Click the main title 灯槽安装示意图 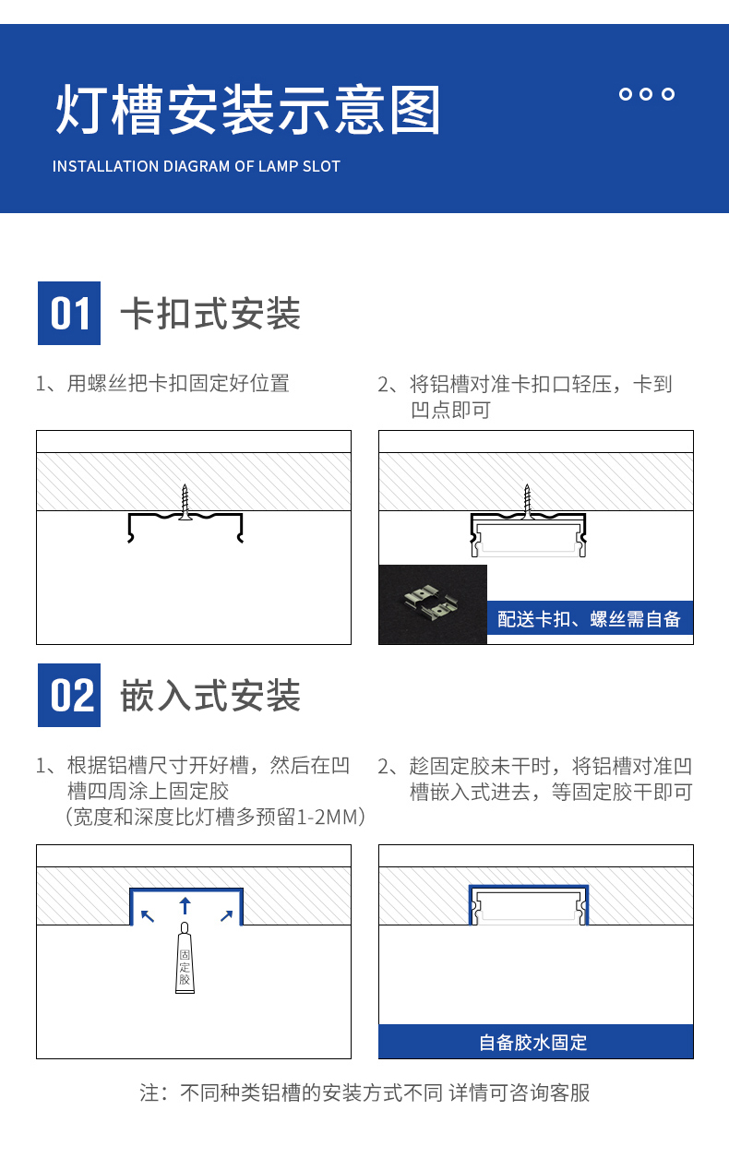pos(247,110)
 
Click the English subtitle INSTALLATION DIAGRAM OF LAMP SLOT pos(197,166)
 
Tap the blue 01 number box pos(69,314)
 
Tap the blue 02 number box pos(69,696)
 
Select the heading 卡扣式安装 pos(210,314)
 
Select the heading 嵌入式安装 pos(210,696)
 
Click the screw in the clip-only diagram pos(185,502)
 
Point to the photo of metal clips pos(433,604)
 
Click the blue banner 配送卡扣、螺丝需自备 pos(590,618)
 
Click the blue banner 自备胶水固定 pos(535,1041)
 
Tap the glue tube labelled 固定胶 pos(185,958)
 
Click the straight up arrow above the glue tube pos(185,906)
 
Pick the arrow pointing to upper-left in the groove pos(148,916)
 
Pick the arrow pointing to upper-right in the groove pos(226,916)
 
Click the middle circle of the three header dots pos(646,94)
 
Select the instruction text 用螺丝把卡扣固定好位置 pos(178,384)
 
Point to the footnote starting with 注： pos(364,1092)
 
